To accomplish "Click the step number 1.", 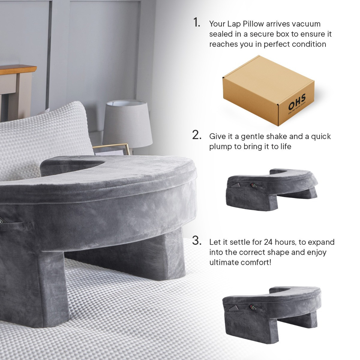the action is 196,22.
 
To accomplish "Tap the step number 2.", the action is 197,135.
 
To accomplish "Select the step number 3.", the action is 197,240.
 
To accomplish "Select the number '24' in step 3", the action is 268,242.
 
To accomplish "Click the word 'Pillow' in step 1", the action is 253,24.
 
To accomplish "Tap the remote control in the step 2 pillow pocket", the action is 253,185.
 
